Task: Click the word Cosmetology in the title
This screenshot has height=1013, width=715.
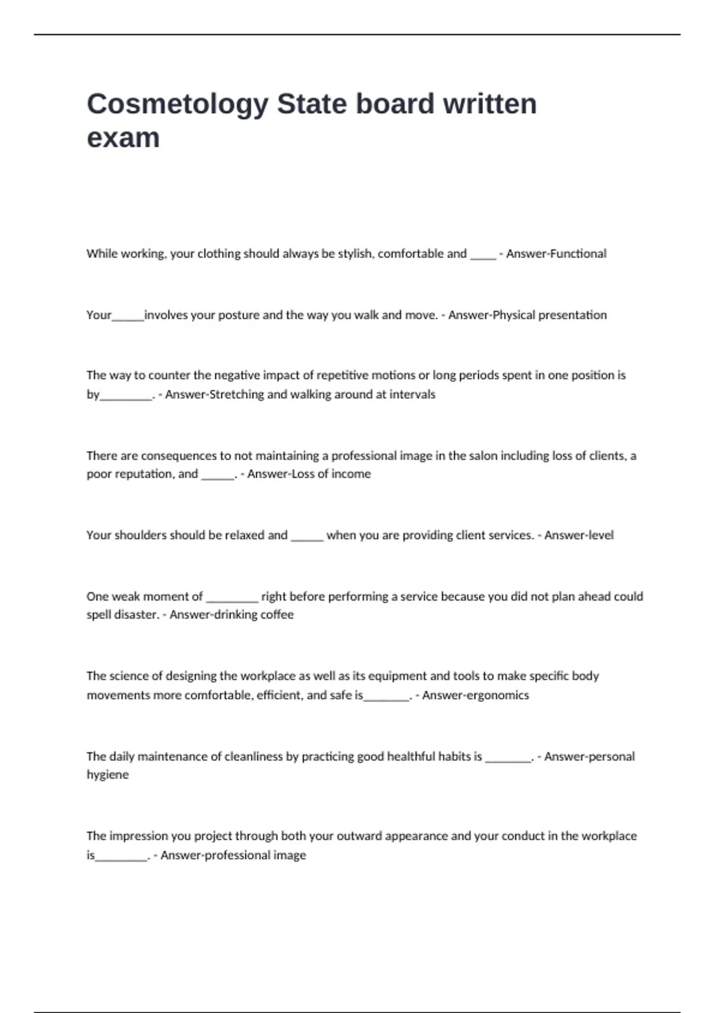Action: [178, 105]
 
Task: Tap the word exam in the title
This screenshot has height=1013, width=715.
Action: [123, 138]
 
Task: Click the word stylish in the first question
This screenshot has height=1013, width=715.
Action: [356, 254]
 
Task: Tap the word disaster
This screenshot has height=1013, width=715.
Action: [134, 615]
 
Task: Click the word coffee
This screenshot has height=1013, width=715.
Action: [277, 615]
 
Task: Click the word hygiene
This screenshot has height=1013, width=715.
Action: [107, 775]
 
